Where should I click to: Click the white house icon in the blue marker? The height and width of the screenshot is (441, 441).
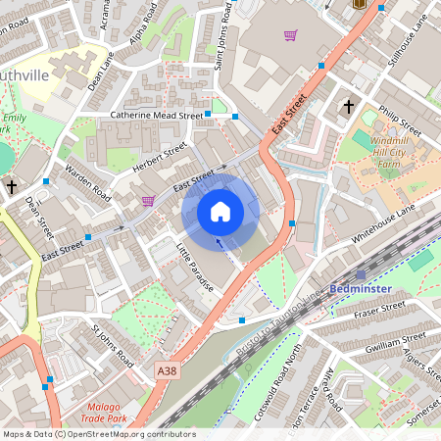coord(220,212)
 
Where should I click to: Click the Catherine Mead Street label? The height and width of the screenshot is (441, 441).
coord(156,116)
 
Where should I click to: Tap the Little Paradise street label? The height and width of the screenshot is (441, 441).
coord(196,268)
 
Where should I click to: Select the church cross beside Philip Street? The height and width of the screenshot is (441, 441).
coord(348,106)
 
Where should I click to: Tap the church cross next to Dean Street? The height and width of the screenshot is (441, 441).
coord(12,185)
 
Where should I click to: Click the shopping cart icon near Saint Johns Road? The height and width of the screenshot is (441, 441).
coord(290,36)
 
